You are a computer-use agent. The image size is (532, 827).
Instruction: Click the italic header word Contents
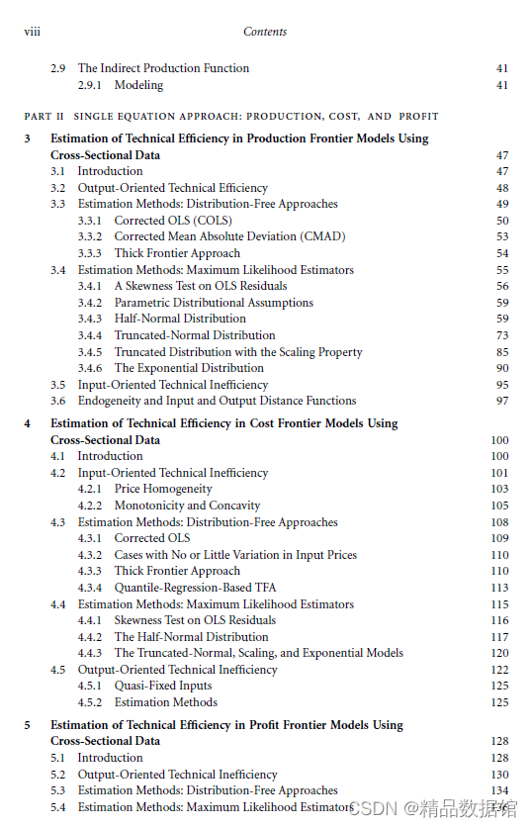click(265, 32)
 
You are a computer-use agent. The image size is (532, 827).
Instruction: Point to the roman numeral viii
click(32, 32)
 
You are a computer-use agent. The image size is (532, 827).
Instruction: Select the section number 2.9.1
click(93, 85)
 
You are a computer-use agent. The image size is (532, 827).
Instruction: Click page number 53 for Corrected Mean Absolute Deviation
click(502, 236)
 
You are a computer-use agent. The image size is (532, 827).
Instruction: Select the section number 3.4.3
click(90, 319)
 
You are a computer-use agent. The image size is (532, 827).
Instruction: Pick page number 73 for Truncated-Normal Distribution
click(502, 335)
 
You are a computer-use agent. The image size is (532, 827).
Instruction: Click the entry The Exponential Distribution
click(175, 368)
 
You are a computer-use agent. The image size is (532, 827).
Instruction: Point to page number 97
click(502, 401)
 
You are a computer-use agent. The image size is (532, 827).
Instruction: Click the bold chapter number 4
click(28, 423)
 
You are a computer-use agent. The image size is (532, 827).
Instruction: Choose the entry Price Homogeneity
click(163, 489)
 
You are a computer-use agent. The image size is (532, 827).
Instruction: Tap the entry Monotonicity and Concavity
click(187, 505)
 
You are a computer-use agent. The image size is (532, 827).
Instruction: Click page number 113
click(499, 587)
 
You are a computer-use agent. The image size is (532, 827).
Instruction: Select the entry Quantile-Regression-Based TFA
click(195, 587)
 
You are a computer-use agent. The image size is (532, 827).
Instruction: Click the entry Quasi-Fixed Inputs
click(163, 686)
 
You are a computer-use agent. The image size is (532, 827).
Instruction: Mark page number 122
click(499, 670)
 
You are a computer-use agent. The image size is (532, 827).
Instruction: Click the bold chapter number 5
click(28, 725)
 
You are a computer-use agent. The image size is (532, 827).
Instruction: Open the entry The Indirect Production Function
click(163, 68)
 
